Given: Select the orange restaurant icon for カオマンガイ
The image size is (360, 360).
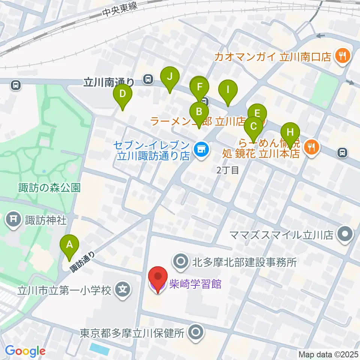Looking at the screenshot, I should click(343, 56).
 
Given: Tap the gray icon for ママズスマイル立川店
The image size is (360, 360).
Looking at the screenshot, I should click(343, 235).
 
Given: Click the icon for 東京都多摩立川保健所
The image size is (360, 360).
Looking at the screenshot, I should click(195, 332).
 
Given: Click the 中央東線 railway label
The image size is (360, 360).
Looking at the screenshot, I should click(120, 10).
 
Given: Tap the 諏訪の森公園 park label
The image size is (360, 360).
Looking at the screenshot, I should click(49, 187).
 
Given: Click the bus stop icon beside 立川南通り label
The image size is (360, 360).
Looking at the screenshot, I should click(148, 79).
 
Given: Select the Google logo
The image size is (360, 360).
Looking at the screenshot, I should click(25, 351).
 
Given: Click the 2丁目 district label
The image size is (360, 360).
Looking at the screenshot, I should click(228, 170).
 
